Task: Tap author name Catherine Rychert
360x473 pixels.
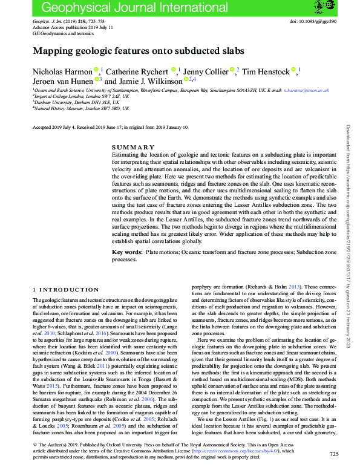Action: click(139, 71)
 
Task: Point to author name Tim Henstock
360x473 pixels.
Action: click(267, 71)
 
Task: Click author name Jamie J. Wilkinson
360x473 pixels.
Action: click(155, 80)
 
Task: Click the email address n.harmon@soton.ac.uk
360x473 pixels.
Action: click(307, 90)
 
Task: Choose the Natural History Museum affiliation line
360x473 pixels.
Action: click(80, 108)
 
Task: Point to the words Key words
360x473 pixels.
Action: click(126, 251)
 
